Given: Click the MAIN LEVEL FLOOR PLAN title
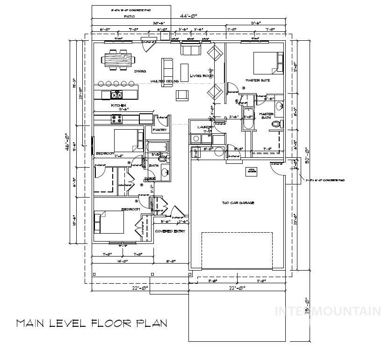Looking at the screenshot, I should [91, 323].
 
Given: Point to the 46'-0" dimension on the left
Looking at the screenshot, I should [67, 140].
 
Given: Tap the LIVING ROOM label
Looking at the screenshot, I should [202, 76].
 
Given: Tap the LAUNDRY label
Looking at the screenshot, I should [205, 127].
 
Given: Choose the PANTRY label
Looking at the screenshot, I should [160, 130].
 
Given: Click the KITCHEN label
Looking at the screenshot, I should [119, 105].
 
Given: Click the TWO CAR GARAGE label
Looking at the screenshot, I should [238, 203].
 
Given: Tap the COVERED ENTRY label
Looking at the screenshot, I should [170, 231].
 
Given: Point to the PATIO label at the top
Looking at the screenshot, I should [130, 16].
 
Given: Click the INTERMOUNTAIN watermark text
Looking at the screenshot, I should [327, 311].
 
